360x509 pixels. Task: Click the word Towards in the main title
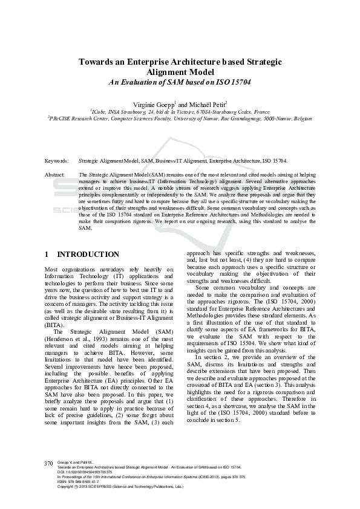click(x=98, y=62)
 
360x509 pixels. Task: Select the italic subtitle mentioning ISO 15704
click(x=180, y=82)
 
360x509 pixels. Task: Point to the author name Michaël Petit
click(x=206, y=103)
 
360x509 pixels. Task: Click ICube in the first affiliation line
click(x=98, y=111)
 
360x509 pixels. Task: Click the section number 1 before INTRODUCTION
click(x=47, y=254)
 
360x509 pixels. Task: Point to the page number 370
click(x=49, y=463)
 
